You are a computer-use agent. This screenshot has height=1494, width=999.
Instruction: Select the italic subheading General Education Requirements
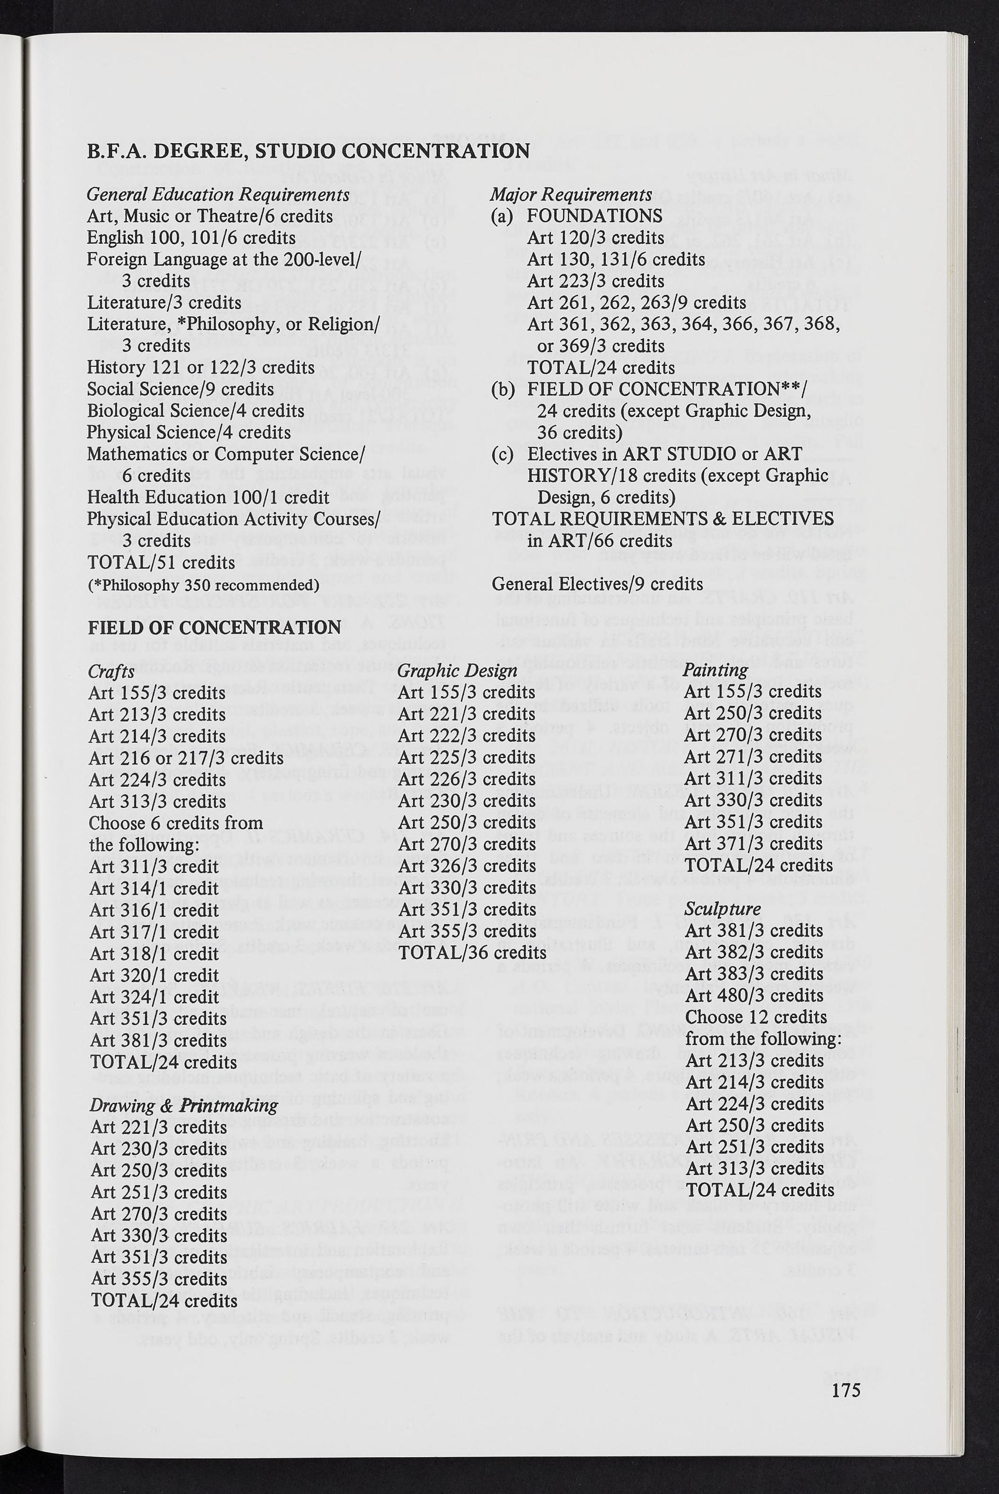coord(218,194)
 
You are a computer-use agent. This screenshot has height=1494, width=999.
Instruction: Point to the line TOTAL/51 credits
coord(161,562)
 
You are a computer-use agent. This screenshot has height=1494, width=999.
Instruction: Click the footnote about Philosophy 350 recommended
coord(203,584)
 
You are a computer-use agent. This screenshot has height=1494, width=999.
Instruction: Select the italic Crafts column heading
coord(112,670)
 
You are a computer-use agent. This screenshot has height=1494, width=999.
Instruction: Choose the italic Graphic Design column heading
coord(457,670)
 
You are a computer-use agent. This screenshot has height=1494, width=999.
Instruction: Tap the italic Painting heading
coord(715,670)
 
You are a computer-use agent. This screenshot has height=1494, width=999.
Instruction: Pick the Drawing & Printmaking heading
coord(183,1105)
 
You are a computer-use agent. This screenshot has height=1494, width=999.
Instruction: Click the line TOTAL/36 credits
coord(472,953)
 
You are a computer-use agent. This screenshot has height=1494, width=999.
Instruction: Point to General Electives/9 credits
coord(598,584)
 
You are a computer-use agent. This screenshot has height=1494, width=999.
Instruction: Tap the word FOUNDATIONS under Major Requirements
coord(594,216)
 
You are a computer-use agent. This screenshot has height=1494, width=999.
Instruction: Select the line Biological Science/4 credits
coord(195,411)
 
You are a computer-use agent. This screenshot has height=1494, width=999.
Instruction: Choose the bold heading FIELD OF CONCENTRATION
coord(214,628)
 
